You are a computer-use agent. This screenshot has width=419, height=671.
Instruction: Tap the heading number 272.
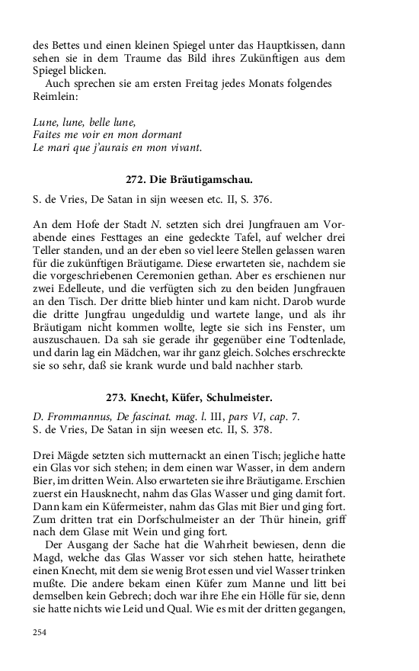(x=136, y=181)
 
